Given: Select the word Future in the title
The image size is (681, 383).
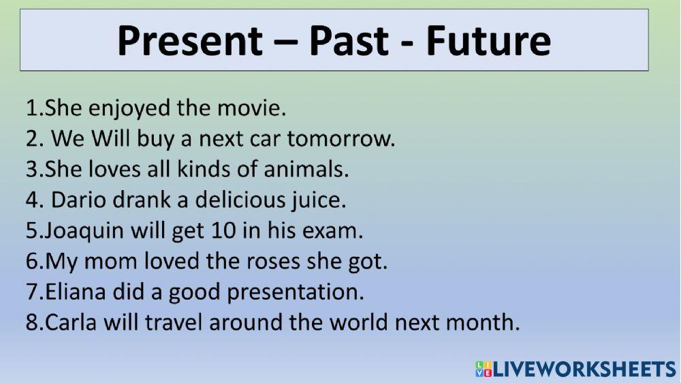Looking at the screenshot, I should [488, 41].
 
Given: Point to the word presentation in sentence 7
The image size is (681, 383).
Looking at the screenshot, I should [295, 292].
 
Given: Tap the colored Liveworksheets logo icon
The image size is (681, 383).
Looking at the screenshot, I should [482, 369].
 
